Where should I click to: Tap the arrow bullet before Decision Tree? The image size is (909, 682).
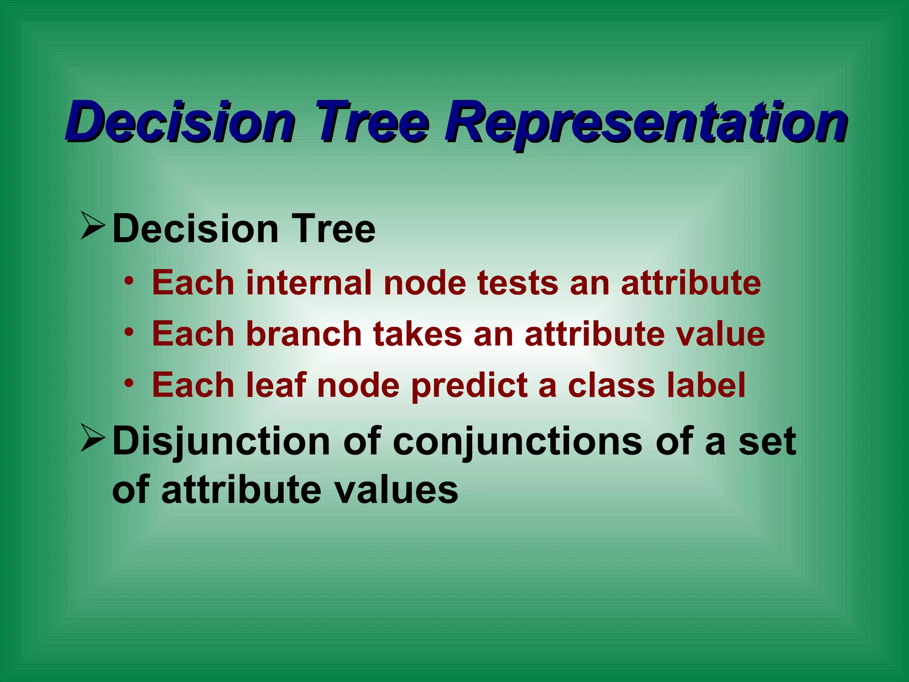93,226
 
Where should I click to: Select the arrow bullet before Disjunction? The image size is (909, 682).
93,439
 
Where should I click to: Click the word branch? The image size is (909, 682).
304,334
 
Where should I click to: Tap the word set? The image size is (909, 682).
767,442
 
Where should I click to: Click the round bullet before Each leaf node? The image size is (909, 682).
129,383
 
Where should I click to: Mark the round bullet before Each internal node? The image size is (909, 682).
129,281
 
